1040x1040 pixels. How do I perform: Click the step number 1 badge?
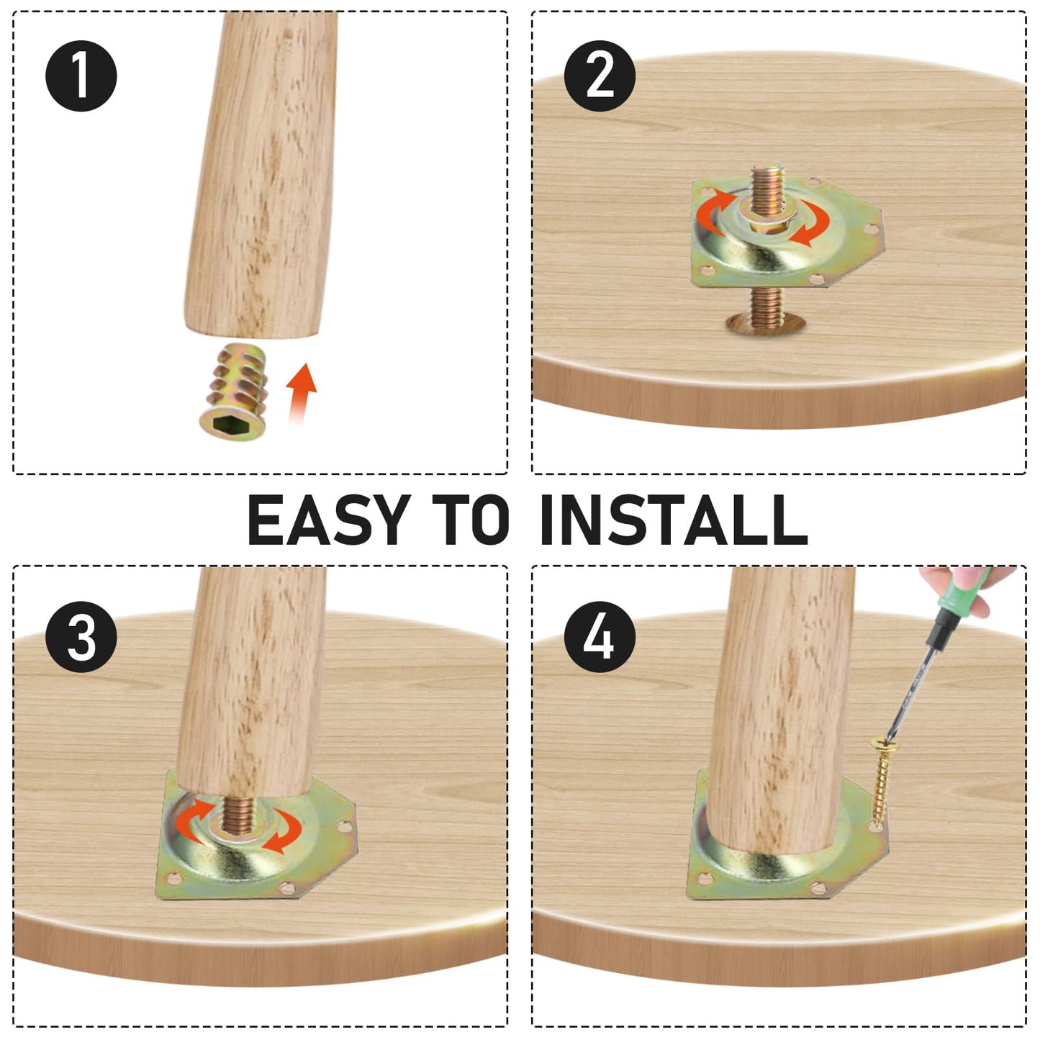(81, 76)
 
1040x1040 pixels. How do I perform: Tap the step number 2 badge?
(600, 76)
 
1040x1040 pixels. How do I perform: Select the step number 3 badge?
(81, 637)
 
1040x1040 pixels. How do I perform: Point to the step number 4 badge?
(600, 637)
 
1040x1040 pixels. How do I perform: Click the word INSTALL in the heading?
(674, 520)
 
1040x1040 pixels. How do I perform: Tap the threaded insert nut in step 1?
(234, 392)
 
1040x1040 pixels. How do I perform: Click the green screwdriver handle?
(962, 601)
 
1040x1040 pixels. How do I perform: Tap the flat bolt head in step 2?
(765, 322)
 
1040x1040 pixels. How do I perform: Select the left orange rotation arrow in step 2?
(713, 210)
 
